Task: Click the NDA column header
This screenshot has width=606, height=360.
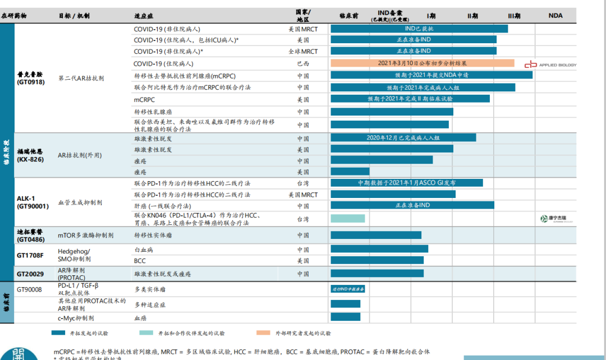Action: (x=555, y=16)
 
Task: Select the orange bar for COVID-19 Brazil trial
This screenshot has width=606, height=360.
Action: (x=422, y=63)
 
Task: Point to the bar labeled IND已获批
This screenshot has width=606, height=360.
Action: (x=419, y=29)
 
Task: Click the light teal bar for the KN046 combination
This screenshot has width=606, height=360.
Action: (x=347, y=218)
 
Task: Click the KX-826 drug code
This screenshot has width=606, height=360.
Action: (x=30, y=159)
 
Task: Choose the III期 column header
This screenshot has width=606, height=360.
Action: (x=514, y=16)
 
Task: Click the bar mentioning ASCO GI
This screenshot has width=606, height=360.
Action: (x=406, y=183)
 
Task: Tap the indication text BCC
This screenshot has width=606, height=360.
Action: (x=140, y=261)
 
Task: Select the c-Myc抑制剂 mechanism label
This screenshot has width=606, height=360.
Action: (x=76, y=318)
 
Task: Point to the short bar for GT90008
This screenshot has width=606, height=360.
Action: (x=348, y=289)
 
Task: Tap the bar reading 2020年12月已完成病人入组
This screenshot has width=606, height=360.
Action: (x=403, y=137)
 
